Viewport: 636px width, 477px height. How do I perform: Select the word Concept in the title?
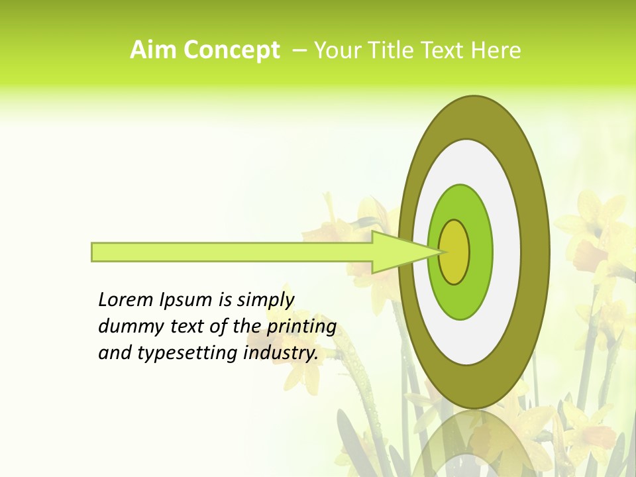[232, 50]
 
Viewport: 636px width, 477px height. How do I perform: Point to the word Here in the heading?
[498, 50]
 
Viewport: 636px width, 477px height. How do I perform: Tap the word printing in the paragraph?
[301, 326]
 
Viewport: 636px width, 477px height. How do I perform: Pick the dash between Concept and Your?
[299, 50]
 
